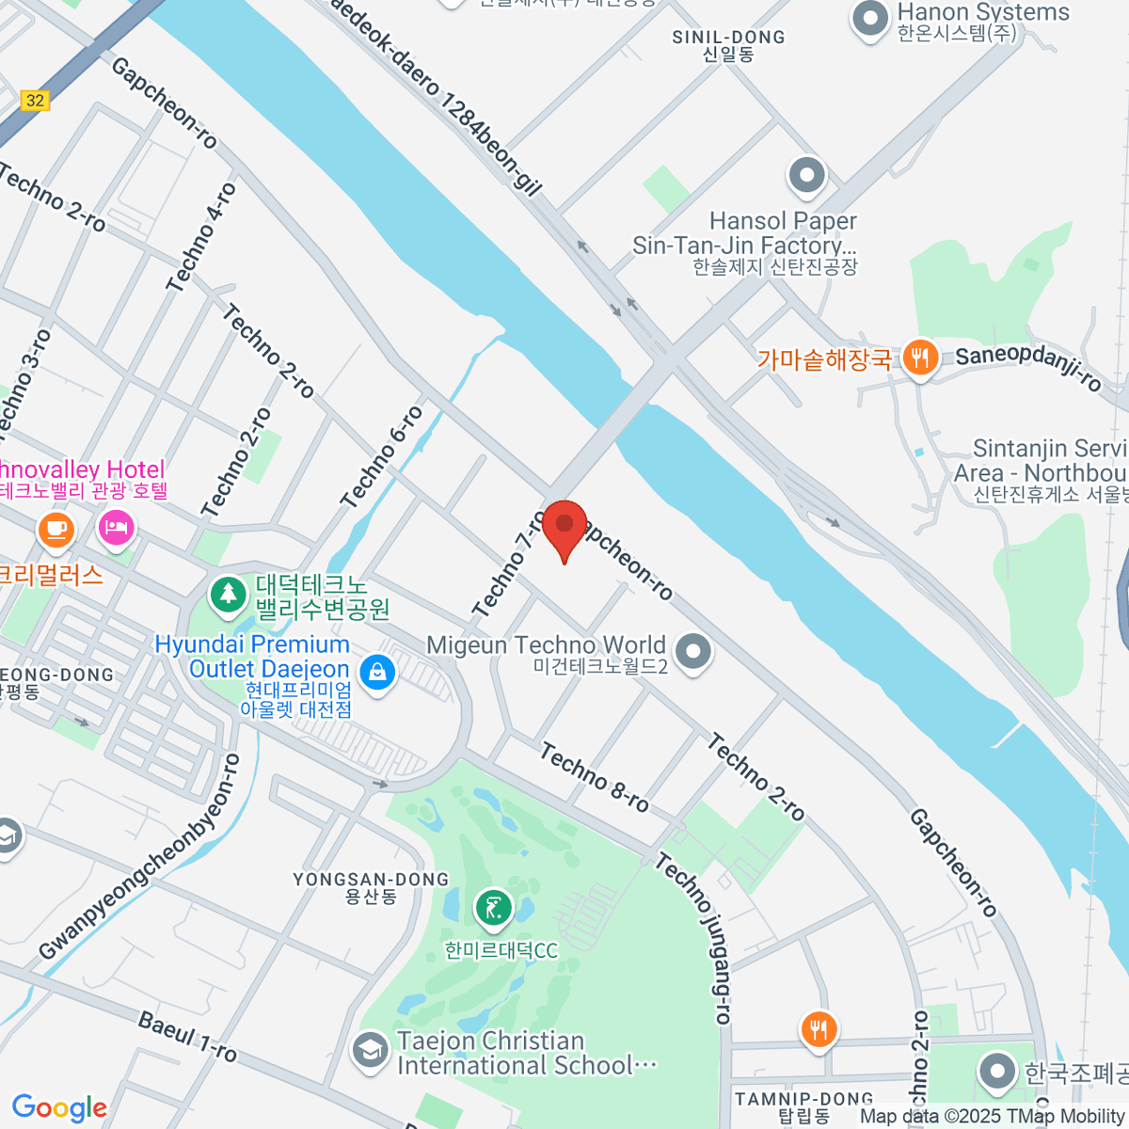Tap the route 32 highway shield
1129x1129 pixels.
[35, 100]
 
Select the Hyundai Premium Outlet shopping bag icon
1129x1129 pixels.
[377, 672]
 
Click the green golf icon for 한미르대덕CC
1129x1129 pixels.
[493, 908]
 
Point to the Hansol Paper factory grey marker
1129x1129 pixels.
[806, 174]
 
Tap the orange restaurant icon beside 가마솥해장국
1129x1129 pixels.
[919, 358]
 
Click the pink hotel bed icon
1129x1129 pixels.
[116, 527]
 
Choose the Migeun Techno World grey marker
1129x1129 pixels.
[693, 650]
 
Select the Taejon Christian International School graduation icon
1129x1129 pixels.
[370, 1051]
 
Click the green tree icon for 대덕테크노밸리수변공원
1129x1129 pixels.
[227, 594]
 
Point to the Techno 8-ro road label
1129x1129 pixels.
[595, 778]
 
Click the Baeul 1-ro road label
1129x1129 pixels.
[187, 1036]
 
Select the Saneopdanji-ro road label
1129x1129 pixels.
[1028, 368]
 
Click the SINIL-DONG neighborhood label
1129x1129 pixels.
[728, 44]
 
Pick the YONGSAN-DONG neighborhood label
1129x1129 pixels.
[371, 887]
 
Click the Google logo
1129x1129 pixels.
[59, 1107]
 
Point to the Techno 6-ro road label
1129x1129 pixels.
[382, 458]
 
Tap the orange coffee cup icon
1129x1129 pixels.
[56, 529]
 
